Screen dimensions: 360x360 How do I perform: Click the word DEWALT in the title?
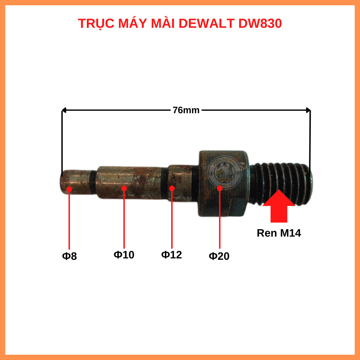[x=207, y=24]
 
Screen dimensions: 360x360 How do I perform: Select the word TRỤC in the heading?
[x=96, y=24]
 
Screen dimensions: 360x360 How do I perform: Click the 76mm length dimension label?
[x=186, y=110]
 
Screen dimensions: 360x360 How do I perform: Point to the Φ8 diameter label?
[x=69, y=256]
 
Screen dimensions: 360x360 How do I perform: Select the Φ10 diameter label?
[x=124, y=255]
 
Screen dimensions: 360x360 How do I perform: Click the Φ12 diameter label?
[x=172, y=255]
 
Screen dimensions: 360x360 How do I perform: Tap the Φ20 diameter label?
[x=219, y=256]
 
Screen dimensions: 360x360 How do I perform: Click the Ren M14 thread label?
[x=279, y=233]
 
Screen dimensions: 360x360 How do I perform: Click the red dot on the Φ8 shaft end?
[x=69, y=189]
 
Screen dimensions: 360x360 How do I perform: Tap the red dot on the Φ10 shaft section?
[x=124, y=188]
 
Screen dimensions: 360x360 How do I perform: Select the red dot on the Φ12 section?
[x=172, y=188]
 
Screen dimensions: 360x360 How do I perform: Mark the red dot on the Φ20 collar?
[x=220, y=188]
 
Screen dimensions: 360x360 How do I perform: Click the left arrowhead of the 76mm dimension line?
[x=64, y=111]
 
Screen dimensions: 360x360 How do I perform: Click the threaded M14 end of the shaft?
[x=281, y=183]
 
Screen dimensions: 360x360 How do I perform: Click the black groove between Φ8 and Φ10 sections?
[x=92, y=182]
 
